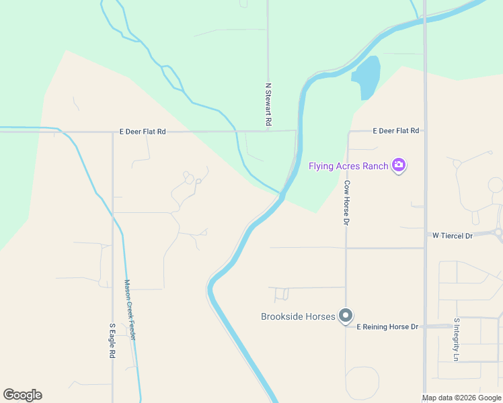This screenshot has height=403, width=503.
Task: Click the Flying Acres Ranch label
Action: [349, 166]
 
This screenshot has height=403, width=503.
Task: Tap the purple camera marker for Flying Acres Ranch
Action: [399, 165]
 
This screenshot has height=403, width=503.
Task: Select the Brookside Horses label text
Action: [298, 316]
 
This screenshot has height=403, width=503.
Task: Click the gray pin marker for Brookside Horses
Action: [346, 316]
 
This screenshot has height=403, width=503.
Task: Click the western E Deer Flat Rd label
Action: [143, 132]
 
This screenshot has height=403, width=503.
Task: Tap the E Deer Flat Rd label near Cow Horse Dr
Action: [396, 131]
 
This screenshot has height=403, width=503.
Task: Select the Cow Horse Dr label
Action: [347, 202]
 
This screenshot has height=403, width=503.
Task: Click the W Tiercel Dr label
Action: [453, 235]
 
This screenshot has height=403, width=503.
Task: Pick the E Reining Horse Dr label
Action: [387, 326]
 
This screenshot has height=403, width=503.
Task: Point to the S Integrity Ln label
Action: [456, 340]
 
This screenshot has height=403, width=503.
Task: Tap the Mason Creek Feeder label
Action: [129, 310]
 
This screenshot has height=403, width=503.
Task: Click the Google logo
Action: [22, 395]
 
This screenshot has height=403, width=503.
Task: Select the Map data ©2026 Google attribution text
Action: [462, 398]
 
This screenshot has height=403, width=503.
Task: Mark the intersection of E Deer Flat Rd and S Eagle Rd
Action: [112, 132]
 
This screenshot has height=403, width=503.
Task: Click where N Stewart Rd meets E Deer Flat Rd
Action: [268, 131]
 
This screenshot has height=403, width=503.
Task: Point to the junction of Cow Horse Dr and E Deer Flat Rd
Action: [348, 132]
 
